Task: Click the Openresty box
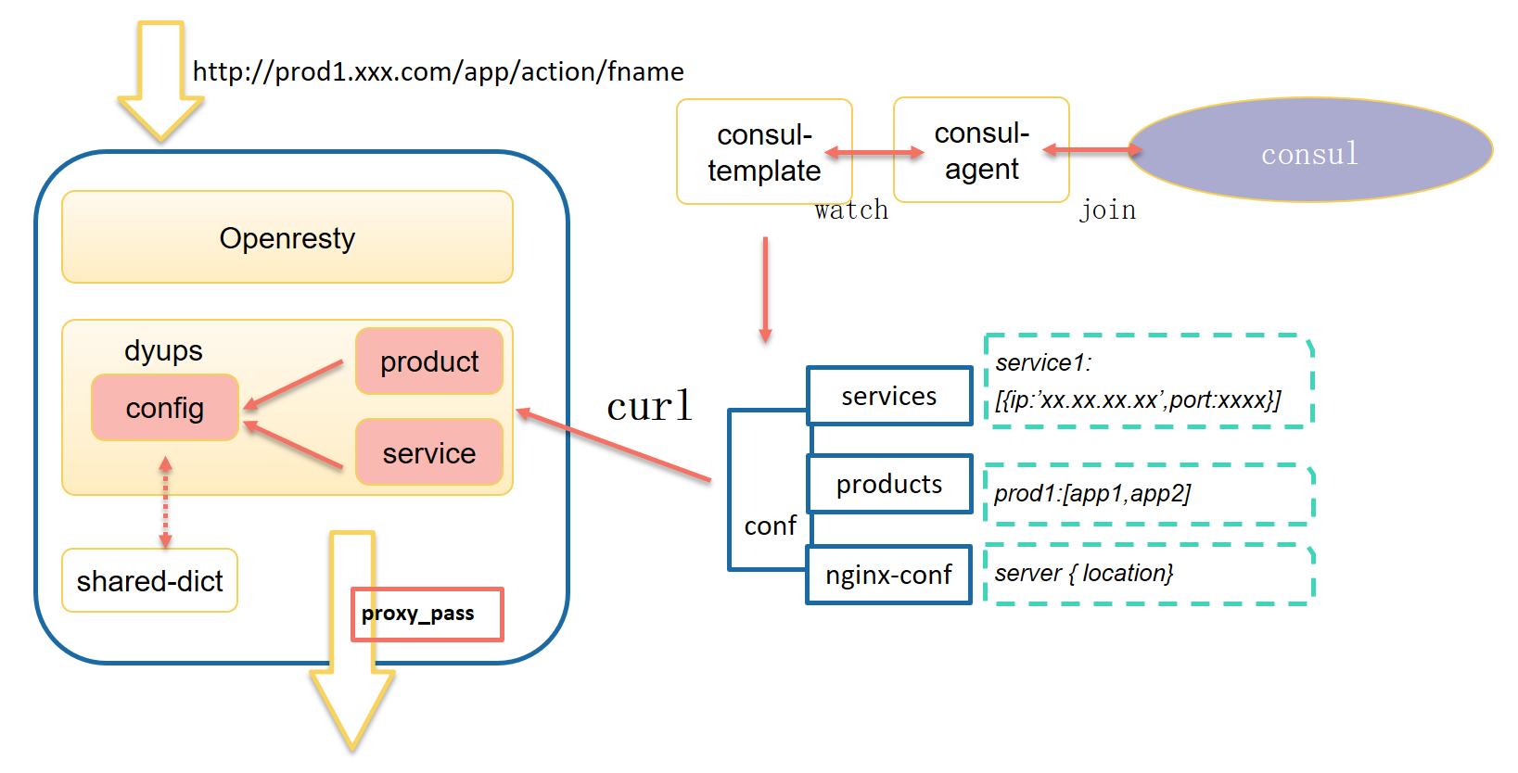coord(287,237)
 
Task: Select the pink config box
coord(165,408)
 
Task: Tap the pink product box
coord(429,361)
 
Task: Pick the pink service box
coord(429,452)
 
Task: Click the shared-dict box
coord(149,581)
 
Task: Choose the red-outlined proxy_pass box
coord(427,614)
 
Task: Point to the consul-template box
coord(764,152)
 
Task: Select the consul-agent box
coord(981,150)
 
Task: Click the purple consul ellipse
coord(1309,151)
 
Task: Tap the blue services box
coord(889,397)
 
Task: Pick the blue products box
coord(889,484)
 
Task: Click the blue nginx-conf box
coord(889,576)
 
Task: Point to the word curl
coord(649,406)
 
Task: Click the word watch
coord(851,210)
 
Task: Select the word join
coord(1107,210)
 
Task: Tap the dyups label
coord(163,350)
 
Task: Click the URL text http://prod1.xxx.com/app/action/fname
coord(438,71)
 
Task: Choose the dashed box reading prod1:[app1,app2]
coord(1148,493)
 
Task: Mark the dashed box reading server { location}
coord(1148,574)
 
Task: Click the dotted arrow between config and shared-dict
coord(165,502)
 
